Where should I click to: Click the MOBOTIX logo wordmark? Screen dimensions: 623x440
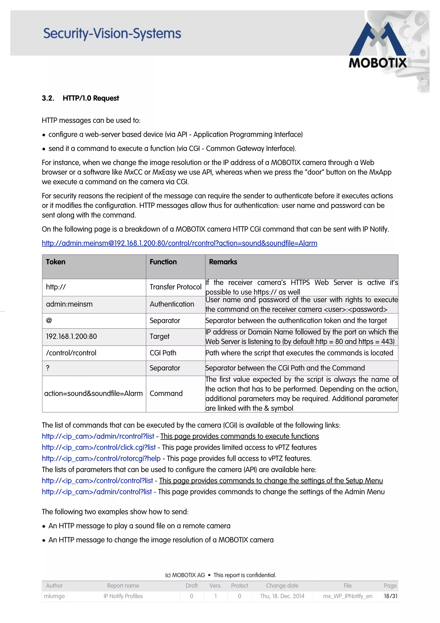(377, 63)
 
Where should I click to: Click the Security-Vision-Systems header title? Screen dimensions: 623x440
(112, 34)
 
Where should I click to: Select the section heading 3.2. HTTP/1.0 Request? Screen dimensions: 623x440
(80, 98)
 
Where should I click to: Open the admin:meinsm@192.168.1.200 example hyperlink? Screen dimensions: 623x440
(179, 243)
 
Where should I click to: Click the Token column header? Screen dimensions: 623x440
(56, 262)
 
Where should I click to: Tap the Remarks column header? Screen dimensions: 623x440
(223, 262)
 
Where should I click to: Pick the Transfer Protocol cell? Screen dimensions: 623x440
(175, 287)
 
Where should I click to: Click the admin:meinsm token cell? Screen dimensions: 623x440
(69, 304)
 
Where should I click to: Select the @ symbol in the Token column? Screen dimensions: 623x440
(49, 321)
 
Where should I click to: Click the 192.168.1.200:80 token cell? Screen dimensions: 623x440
(71, 336)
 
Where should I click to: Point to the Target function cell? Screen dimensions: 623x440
(159, 336)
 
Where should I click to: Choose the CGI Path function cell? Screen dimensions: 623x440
(163, 353)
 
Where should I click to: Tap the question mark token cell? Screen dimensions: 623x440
(48, 368)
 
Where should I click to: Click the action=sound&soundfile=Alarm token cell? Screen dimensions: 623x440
(93, 393)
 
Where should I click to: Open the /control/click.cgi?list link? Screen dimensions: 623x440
(99, 447)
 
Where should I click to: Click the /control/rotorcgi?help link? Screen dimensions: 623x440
(101, 458)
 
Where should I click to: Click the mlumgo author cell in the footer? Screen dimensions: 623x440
(54, 596)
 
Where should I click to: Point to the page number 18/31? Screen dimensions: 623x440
(390, 596)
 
